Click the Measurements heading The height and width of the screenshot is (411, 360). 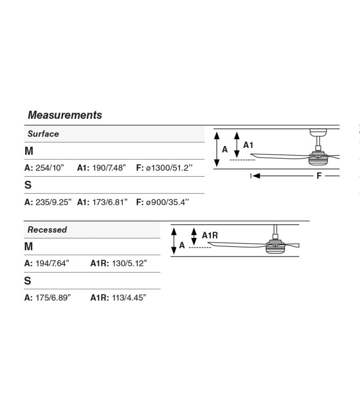(x=65, y=115)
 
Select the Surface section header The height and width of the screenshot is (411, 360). (x=43, y=134)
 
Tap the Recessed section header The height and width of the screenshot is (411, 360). (x=47, y=230)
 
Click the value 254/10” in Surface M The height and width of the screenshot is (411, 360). (x=50, y=168)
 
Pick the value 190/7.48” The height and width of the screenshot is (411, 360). (x=109, y=168)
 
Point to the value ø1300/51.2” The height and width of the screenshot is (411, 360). (x=169, y=168)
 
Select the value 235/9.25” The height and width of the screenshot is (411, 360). (x=53, y=202)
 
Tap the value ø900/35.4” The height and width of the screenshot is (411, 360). (x=168, y=202)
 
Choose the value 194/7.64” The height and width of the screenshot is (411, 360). (x=52, y=263)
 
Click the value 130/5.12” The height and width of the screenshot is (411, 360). (x=130, y=263)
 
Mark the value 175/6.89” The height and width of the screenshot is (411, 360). (x=53, y=298)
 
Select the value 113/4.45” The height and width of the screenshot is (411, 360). (x=129, y=298)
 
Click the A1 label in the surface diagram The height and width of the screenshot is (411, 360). (x=248, y=145)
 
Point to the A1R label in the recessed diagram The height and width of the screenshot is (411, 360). (x=210, y=235)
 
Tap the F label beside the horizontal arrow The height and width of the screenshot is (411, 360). (x=319, y=176)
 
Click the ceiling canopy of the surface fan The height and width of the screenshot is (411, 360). (x=318, y=133)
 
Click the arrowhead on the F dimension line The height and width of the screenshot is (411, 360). (x=256, y=176)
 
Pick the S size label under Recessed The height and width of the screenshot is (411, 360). (x=28, y=281)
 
